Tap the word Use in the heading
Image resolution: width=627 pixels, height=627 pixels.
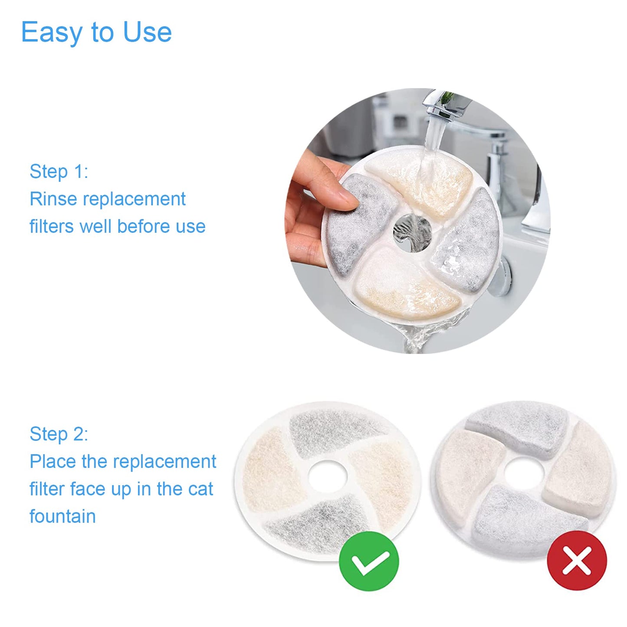pyautogui.click(x=148, y=32)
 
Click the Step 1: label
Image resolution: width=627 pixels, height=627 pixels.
pyautogui.click(x=59, y=171)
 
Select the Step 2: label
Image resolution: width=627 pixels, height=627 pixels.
pyautogui.click(x=59, y=434)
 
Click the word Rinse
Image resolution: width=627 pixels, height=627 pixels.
pyautogui.click(x=53, y=199)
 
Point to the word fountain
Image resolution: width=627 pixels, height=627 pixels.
pyautogui.click(x=62, y=516)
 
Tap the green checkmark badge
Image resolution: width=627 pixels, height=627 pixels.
pyautogui.click(x=368, y=561)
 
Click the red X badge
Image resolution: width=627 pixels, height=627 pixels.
pyautogui.click(x=577, y=560)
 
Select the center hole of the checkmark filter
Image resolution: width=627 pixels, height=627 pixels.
pyautogui.click(x=328, y=477)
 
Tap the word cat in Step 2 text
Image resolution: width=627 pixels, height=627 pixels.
pyautogui.click(x=200, y=489)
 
